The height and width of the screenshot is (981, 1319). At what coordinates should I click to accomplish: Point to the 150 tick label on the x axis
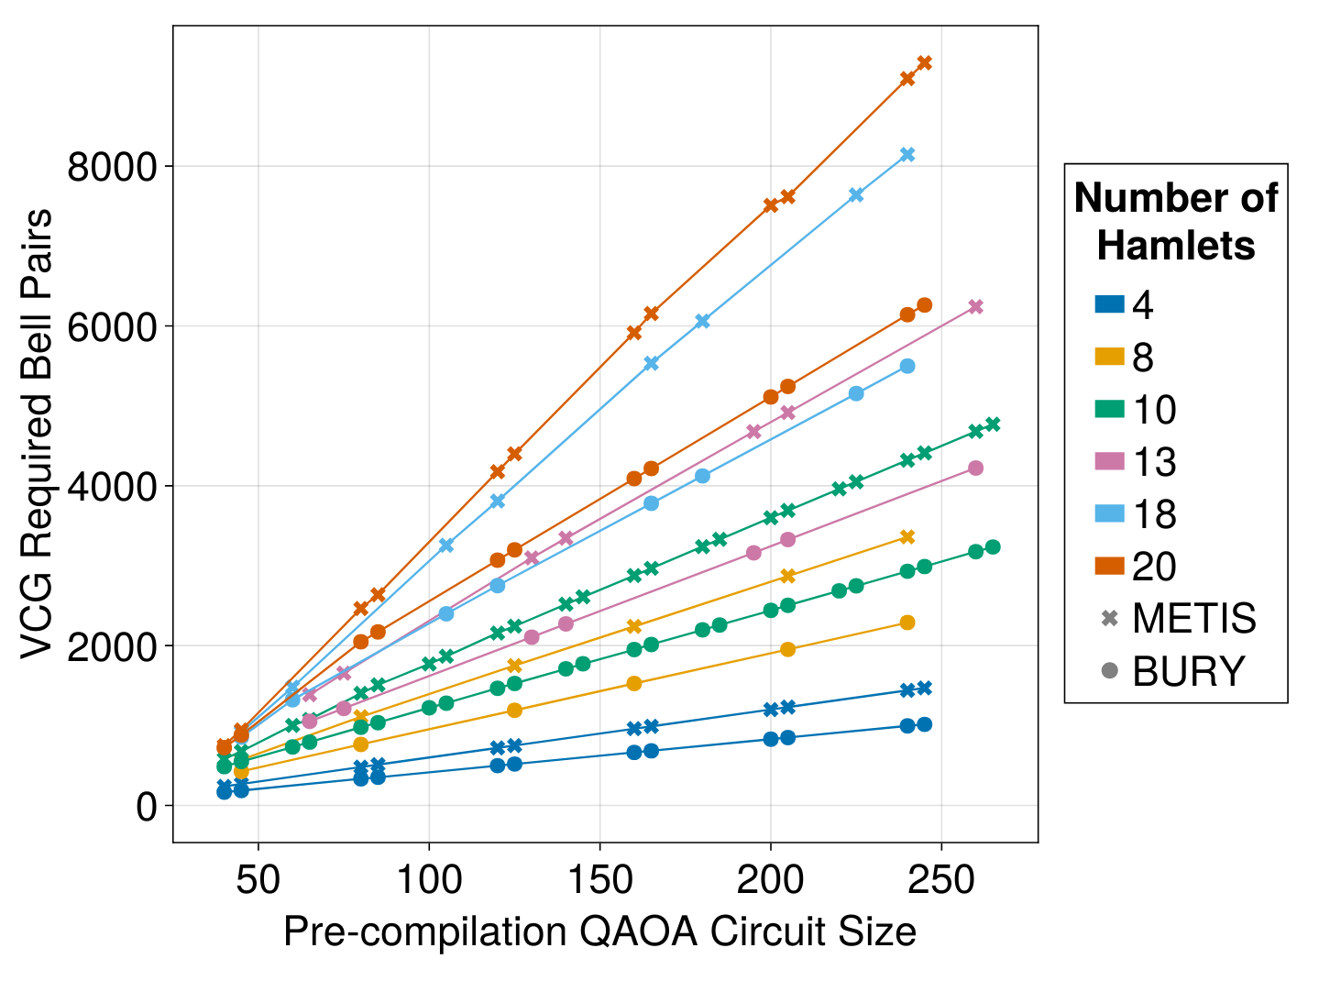point(599,880)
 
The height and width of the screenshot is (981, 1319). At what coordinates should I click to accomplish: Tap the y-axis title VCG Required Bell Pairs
point(38,434)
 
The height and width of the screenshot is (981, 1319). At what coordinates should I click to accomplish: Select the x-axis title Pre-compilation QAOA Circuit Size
point(599,932)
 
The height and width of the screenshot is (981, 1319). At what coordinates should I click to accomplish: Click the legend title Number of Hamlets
point(1175,222)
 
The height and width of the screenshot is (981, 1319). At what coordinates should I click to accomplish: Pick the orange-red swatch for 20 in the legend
point(1109,567)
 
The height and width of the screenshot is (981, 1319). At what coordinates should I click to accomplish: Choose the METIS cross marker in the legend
point(1109,619)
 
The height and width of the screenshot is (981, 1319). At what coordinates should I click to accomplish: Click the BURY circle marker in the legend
point(1109,672)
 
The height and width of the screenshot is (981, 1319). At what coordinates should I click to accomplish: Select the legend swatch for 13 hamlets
point(1109,461)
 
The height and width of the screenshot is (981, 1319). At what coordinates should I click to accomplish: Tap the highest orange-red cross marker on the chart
point(924,63)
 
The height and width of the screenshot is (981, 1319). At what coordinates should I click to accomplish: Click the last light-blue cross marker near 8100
point(907,155)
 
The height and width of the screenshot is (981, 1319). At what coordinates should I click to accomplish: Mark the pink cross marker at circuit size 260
point(975,307)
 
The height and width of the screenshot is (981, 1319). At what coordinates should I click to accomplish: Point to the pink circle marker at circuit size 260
point(975,468)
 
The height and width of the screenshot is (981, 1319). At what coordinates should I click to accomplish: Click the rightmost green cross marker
point(993,424)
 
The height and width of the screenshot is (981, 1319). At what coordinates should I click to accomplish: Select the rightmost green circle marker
point(993,547)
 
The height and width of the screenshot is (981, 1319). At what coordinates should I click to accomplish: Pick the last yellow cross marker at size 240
point(907,537)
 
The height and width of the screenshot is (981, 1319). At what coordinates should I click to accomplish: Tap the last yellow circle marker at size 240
point(907,623)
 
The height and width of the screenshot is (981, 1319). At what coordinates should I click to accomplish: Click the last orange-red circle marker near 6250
point(924,305)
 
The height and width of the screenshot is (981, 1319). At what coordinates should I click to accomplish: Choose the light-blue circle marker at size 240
point(907,367)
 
